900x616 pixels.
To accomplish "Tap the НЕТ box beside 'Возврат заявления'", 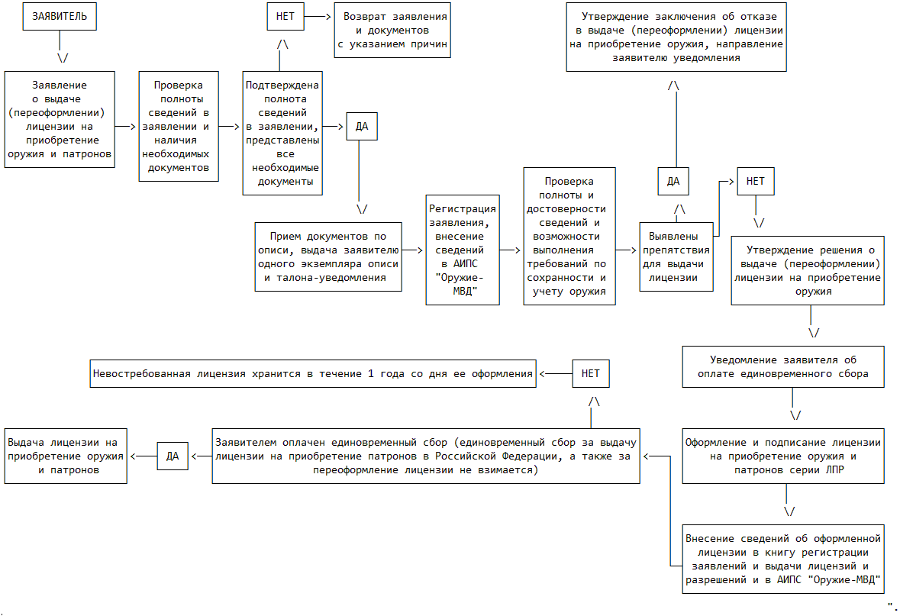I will tap(285, 17).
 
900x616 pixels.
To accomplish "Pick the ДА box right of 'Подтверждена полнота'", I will tap(362, 126).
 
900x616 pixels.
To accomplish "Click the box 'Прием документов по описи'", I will tap(327, 256).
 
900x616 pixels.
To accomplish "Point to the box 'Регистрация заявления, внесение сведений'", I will tap(463, 250).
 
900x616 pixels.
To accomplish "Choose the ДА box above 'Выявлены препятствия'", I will tap(673, 182).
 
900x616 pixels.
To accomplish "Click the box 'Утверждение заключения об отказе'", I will tap(676, 37).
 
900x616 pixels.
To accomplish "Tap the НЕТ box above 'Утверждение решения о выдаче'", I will tap(756, 182).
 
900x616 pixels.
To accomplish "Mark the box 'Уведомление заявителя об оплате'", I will tap(784, 367).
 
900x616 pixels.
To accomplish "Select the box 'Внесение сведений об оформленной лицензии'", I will tap(784, 558).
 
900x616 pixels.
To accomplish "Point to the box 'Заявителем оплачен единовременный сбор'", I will tap(426, 456).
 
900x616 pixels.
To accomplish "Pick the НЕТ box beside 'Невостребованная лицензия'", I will tap(591, 373).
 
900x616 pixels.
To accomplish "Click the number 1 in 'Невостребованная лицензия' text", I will tap(372, 373).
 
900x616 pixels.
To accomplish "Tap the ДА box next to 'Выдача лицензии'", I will tap(173, 456).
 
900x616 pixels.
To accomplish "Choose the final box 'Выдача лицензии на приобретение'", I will tap(66, 456).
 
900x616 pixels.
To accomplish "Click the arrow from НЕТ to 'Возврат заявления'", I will tap(318, 17).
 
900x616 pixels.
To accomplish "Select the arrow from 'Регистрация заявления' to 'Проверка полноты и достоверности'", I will tap(511, 250).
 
